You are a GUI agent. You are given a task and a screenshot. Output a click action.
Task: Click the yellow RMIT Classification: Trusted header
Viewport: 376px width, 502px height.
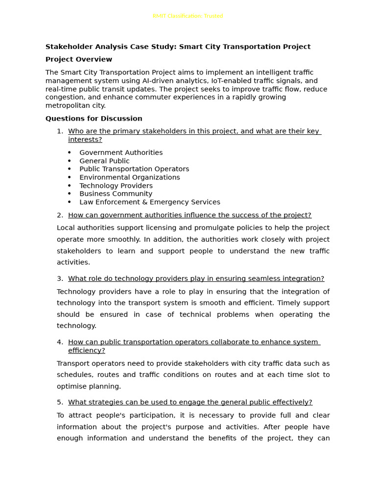188,16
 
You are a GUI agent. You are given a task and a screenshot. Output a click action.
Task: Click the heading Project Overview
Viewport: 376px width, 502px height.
79,59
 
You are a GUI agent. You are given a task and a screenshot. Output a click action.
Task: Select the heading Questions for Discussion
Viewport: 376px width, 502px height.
94,119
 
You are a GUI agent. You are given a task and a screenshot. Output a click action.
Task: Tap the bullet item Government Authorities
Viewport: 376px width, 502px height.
121,153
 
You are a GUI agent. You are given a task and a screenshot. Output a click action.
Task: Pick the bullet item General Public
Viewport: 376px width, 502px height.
104,161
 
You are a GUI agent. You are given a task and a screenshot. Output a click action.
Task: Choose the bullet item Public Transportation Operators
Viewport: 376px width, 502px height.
134,169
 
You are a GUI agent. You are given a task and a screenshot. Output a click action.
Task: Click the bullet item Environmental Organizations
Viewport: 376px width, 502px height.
130,177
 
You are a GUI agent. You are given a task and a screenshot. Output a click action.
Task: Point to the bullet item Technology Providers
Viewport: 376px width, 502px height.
116,186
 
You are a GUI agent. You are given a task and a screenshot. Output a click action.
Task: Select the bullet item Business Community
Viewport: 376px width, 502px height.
116,194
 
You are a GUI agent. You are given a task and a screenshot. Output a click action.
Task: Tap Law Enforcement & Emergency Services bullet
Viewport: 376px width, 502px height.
150,202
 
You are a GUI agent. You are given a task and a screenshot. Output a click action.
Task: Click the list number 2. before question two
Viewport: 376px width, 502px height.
60,215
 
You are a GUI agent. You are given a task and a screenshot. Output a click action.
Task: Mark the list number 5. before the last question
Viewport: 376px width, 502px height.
60,402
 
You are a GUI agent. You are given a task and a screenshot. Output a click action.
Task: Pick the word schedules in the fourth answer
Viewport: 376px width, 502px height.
73,375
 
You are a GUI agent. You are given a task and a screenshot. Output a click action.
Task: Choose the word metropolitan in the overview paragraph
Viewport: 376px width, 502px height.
68,105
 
